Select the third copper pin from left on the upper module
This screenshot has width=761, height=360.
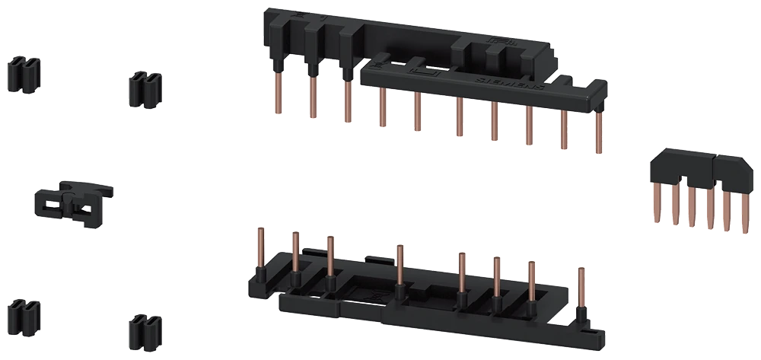pos(347,103)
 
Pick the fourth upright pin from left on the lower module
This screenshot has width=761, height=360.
pos(400,263)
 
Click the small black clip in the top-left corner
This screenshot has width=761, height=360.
pos(24,75)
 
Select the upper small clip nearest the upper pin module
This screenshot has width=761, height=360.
pos(144,89)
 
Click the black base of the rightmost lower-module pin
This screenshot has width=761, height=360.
pos(581,314)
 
